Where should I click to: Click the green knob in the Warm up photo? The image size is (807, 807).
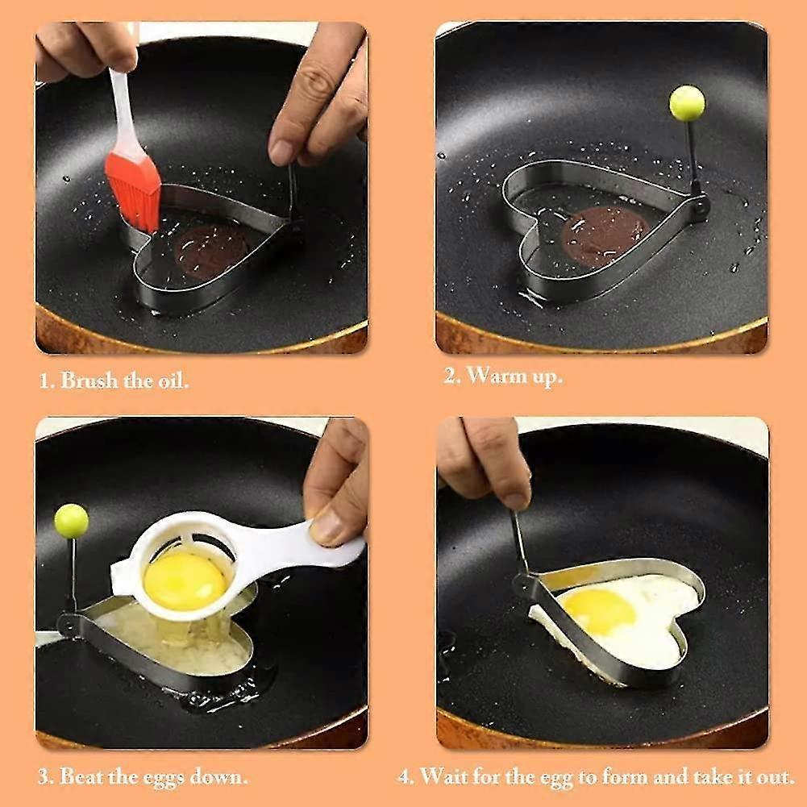(687, 103)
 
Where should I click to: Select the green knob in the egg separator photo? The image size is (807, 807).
(72, 521)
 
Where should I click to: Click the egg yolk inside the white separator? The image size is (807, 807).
(185, 581)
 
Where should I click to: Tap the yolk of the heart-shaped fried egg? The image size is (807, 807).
(598, 610)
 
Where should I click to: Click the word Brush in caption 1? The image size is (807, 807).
(89, 381)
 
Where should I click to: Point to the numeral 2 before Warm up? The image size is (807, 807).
(450, 376)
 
